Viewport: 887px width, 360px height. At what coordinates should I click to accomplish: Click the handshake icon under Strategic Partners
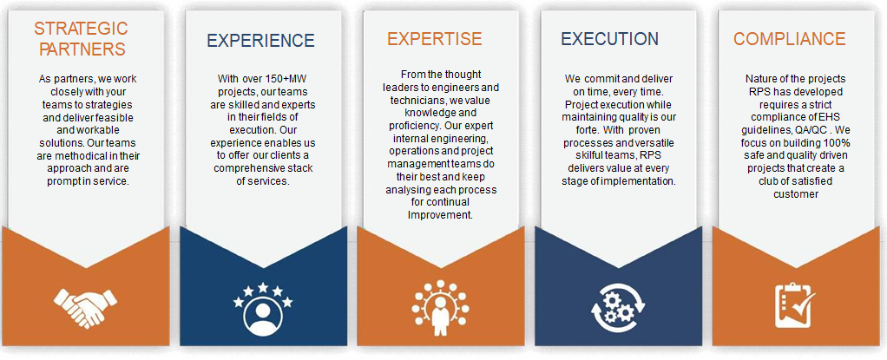click(85, 304)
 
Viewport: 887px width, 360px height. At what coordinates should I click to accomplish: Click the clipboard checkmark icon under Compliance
click(795, 305)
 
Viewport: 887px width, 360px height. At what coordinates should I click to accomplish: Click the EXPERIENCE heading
click(260, 41)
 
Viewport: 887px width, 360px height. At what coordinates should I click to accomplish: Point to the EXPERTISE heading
click(435, 38)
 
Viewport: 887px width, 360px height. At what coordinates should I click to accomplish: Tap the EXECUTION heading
click(610, 38)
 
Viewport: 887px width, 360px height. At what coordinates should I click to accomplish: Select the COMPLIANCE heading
click(790, 38)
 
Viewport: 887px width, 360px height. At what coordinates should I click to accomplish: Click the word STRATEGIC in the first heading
click(82, 28)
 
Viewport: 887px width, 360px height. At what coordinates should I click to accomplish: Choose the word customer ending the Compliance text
click(796, 194)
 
